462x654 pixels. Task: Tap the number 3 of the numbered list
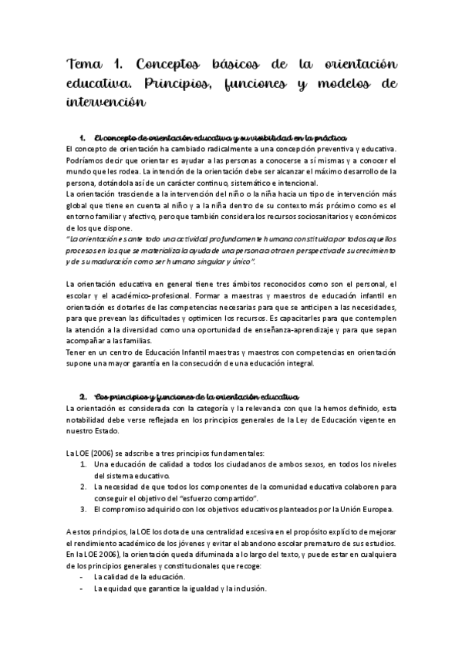click(x=83, y=511)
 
